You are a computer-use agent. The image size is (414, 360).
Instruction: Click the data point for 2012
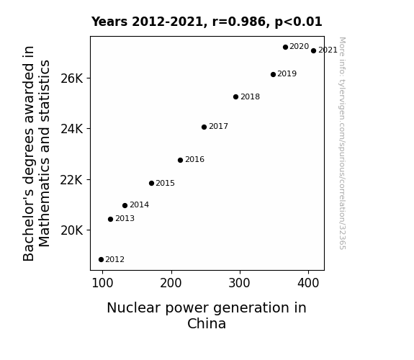[101, 260]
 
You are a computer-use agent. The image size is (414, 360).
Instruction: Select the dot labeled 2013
[110, 219]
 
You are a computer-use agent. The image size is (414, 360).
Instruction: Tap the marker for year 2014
[125, 205]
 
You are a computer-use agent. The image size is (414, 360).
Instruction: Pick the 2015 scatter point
[151, 184]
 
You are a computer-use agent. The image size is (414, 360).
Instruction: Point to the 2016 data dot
[180, 160]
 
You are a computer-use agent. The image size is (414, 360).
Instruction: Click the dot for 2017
[204, 127]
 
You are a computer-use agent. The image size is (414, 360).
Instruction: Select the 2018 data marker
[235, 97]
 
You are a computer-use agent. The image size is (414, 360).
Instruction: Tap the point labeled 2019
[273, 74]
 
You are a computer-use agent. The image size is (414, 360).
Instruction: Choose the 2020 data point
[285, 47]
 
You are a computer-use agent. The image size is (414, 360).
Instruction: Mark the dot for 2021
[313, 50]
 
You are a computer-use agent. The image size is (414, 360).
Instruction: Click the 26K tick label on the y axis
[71, 78]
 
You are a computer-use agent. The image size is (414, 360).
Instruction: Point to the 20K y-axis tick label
[71, 230]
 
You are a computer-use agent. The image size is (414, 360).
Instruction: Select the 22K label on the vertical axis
[71, 180]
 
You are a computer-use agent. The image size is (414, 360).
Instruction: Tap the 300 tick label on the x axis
[239, 283]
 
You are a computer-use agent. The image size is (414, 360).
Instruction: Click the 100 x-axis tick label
[102, 283]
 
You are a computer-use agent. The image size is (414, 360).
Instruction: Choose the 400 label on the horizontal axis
[308, 283]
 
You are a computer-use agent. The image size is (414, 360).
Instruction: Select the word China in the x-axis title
[207, 323]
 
